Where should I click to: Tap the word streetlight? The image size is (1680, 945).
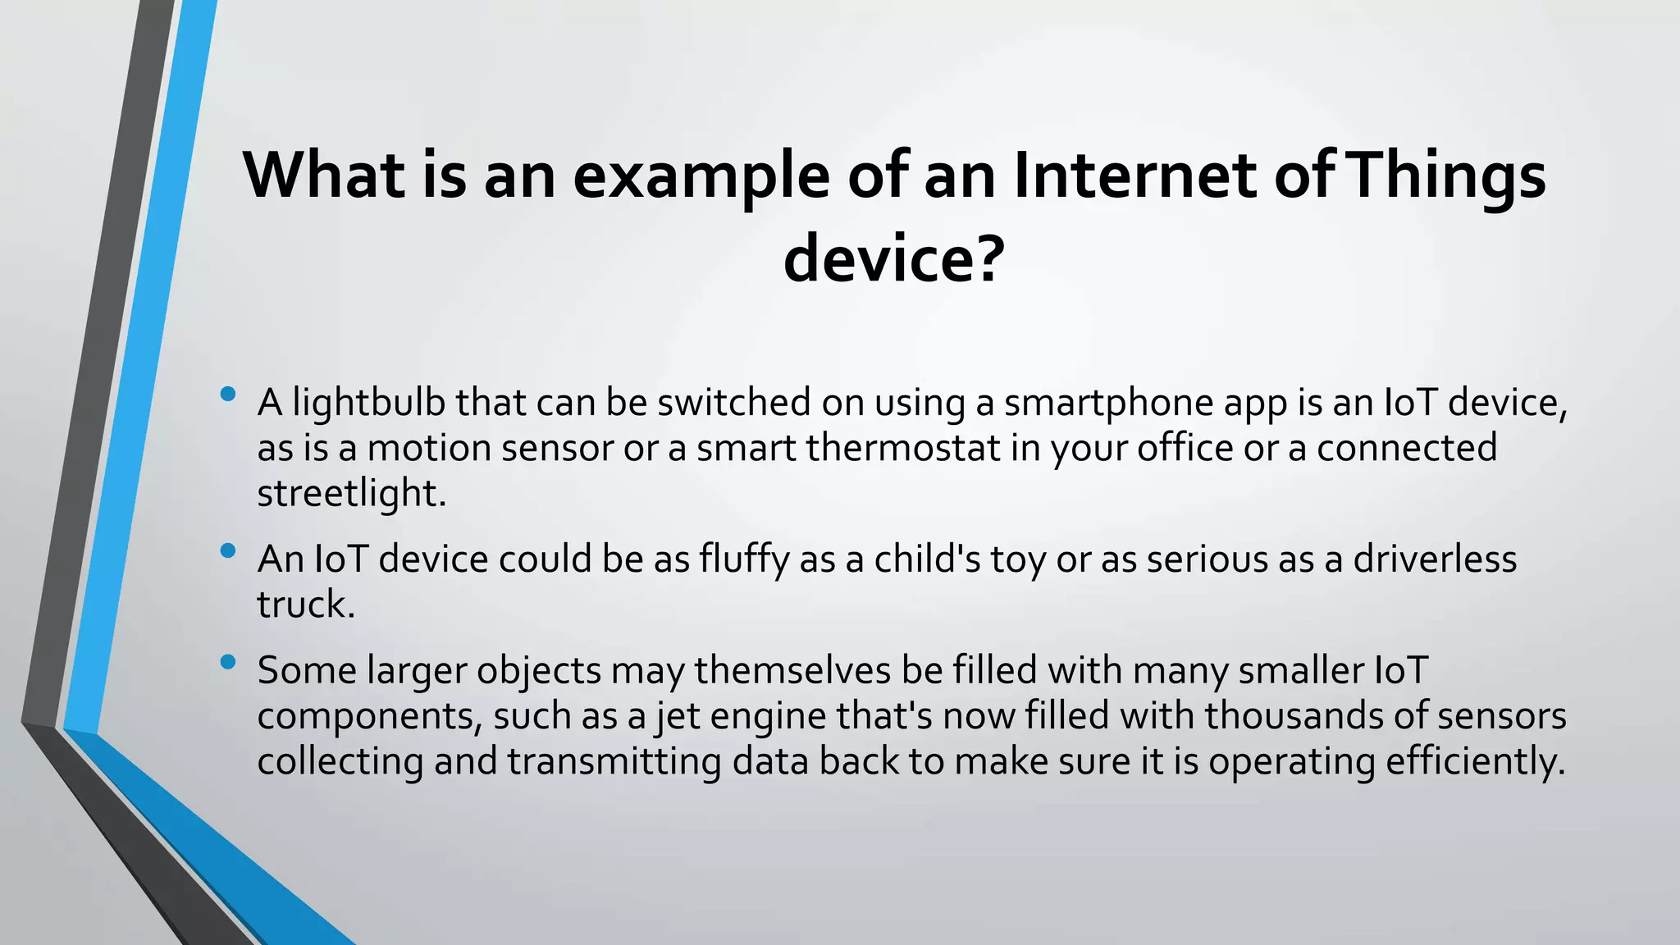pos(350,493)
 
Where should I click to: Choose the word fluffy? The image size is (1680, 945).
pos(744,559)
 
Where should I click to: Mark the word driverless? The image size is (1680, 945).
pos(1435,559)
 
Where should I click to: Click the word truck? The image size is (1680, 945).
pos(305,605)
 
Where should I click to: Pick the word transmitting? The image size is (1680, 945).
pos(614,761)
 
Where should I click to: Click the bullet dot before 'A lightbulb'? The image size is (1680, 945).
pos(228,395)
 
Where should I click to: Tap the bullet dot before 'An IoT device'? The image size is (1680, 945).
pos(228,551)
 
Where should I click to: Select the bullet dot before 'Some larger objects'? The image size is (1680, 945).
pos(228,662)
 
